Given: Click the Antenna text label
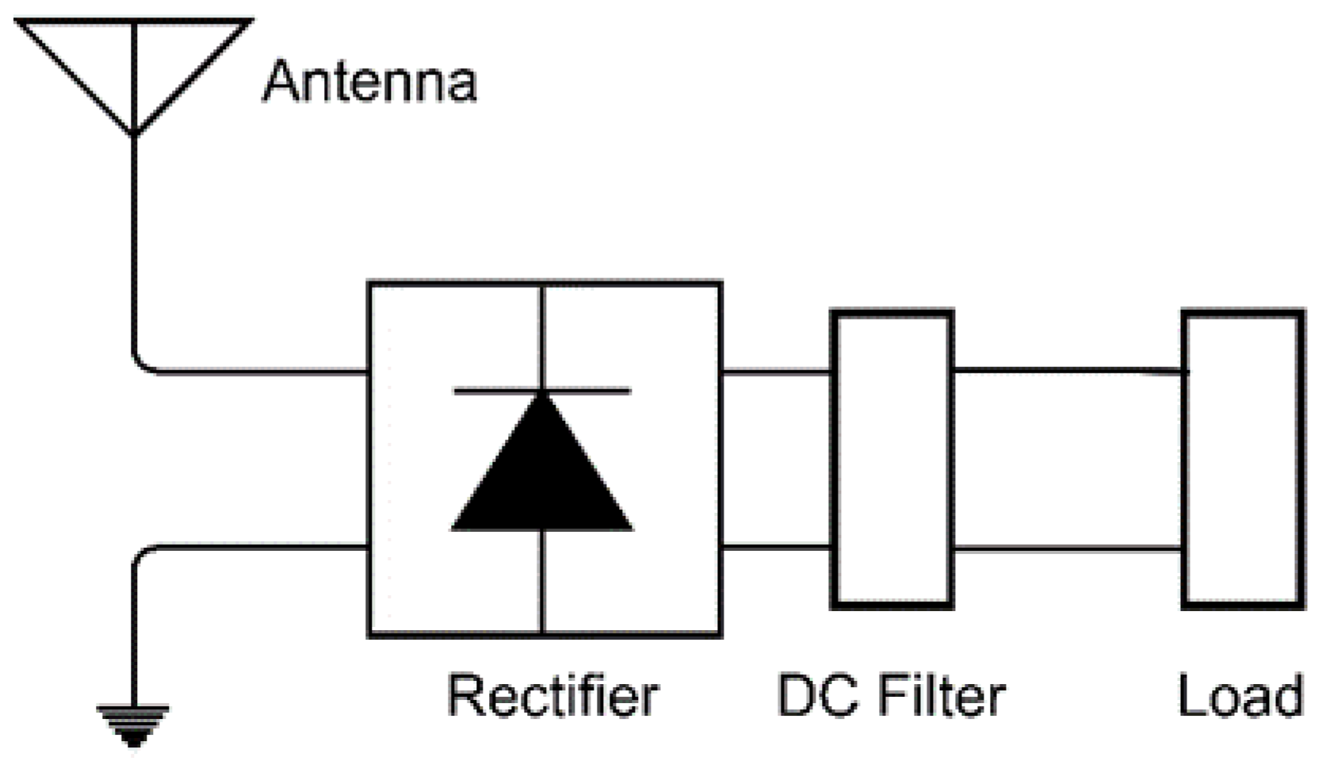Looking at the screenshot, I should pos(369,81).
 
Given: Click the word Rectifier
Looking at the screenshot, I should pos(552,695).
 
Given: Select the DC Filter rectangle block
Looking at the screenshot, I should pos(892,460).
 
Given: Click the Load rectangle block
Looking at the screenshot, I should pos(1243,460).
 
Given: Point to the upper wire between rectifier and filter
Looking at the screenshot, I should pos(776,370).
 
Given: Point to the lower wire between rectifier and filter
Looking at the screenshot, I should pos(776,546).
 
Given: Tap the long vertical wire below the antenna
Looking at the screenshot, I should pos(134,246).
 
